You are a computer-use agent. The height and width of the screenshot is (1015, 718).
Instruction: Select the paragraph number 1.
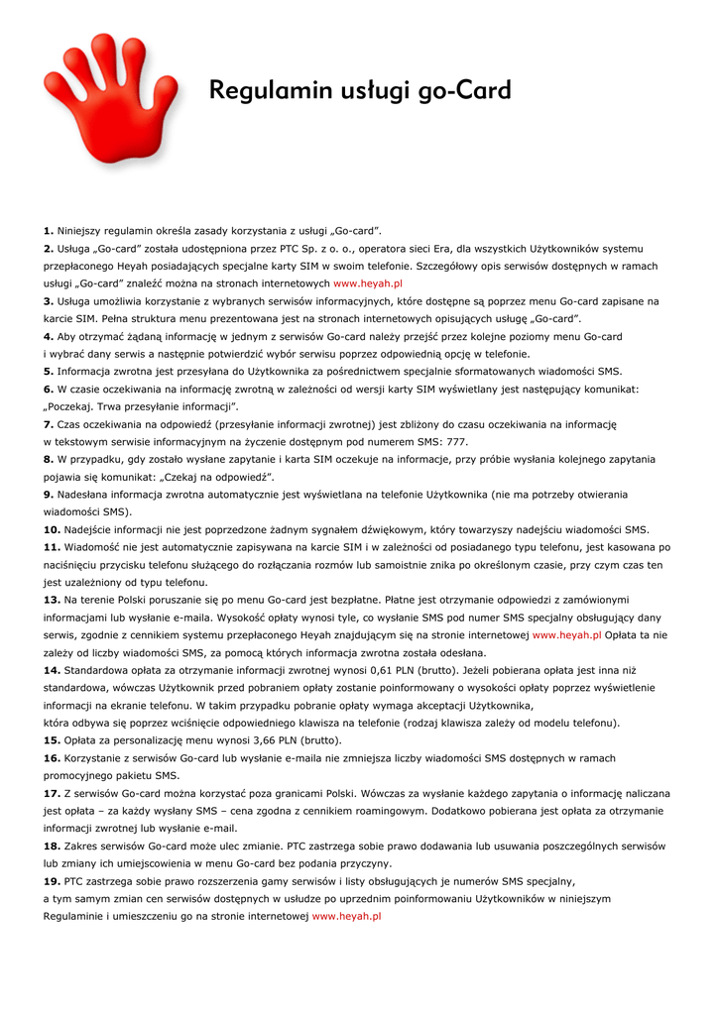tap(49, 230)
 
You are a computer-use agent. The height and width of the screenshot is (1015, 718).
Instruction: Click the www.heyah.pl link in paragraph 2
tap(368, 283)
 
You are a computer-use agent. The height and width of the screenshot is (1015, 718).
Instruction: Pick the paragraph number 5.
tap(49, 371)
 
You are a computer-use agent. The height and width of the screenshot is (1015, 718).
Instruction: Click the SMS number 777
tap(457, 442)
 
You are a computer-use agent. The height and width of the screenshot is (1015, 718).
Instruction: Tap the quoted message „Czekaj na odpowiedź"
tap(218, 477)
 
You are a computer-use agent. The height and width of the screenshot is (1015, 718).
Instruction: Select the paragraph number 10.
tap(52, 530)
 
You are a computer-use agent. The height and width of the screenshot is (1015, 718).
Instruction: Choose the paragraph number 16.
tap(52, 758)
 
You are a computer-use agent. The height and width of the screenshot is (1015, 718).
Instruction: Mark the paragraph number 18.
tap(52, 846)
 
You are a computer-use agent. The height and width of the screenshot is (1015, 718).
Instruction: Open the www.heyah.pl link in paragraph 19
tap(347, 917)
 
